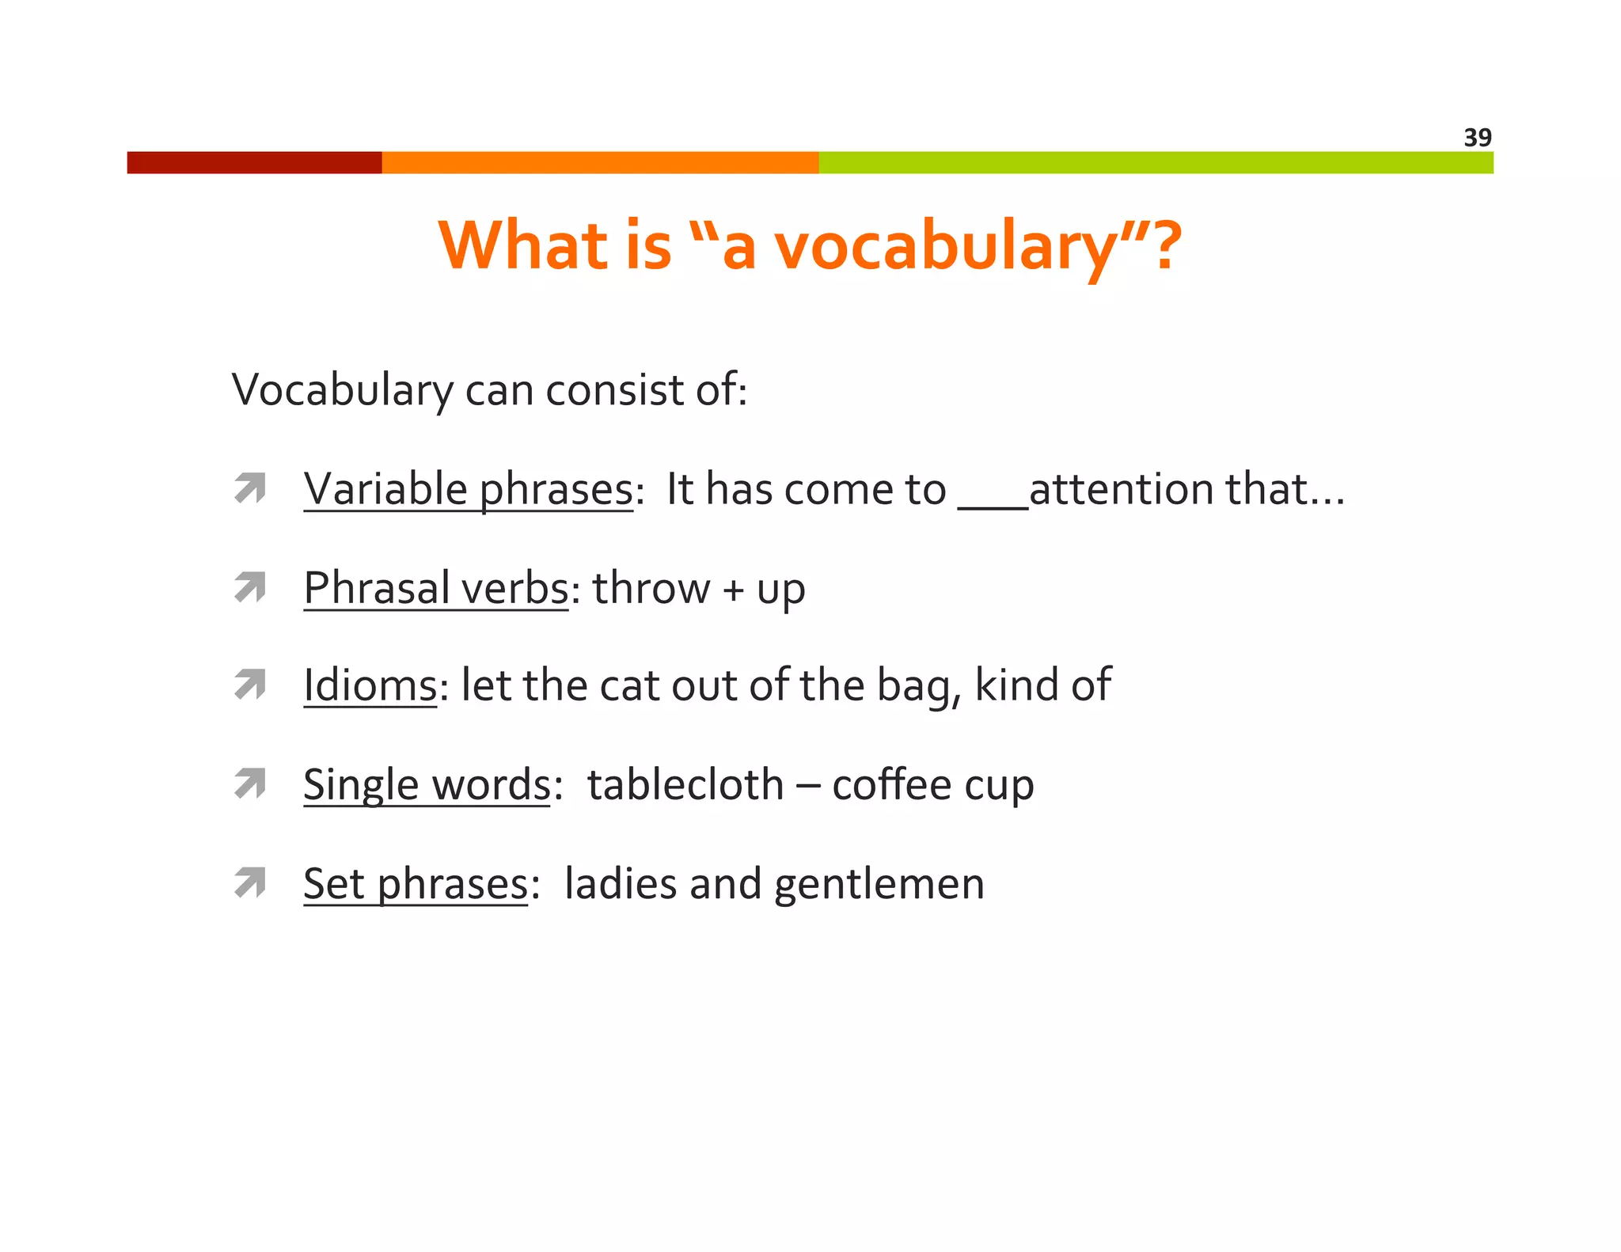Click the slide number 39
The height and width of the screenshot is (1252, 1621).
[x=1477, y=138]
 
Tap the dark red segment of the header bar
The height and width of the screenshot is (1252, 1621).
[x=254, y=162]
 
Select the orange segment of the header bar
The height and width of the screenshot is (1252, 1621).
[x=599, y=162]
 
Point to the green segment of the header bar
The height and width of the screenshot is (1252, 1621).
[x=1156, y=162]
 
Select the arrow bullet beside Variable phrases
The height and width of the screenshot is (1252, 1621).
[x=250, y=488]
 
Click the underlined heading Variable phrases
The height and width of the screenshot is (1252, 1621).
[x=469, y=489]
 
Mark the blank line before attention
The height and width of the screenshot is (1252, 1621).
[x=993, y=505]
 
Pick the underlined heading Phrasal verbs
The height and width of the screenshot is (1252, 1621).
[x=436, y=588]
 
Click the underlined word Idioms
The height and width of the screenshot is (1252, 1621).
[x=370, y=685]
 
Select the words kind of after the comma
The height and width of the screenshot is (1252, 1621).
[x=1042, y=685]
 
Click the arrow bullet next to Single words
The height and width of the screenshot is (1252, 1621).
[x=250, y=784]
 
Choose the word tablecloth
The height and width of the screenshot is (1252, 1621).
[x=685, y=784]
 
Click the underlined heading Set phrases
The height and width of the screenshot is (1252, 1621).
[x=416, y=883]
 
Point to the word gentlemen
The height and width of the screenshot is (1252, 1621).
[x=879, y=884]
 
